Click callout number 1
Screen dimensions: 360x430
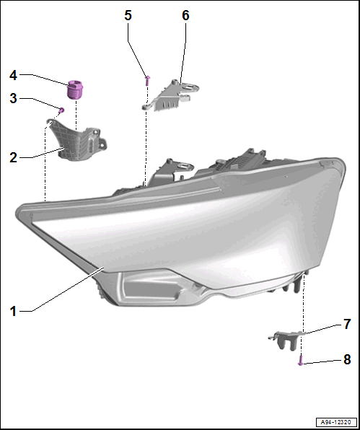pyautogui.click(x=13, y=312)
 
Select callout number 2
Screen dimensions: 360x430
pyautogui.click(x=13, y=158)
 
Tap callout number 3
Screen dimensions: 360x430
pyautogui.click(x=13, y=98)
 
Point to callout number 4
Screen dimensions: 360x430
pyautogui.click(x=13, y=76)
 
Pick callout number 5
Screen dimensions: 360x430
pyautogui.click(x=128, y=15)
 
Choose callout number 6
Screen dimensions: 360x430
pyautogui.click(x=185, y=15)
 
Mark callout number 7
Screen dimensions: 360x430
pyautogui.click(x=347, y=324)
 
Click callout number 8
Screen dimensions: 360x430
pyautogui.click(x=347, y=359)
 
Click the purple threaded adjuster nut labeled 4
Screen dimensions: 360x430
pyautogui.click(x=75, y=89)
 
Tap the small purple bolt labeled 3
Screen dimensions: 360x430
pyautogui.click(x=62, y=110)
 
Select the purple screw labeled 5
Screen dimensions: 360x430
pyautogui.click(x=147, y=80)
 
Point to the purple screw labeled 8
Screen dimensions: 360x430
pyautogui.click(x=301, y=360)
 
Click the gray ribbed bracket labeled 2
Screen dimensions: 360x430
pyautogui.click(x=78, y=140)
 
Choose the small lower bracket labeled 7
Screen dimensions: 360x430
pyautogui.click(x=286, y=340)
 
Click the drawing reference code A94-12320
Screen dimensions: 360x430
pyautogui.click(x=337, y=422)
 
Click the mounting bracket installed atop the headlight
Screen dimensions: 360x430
pyautogui.click(x=170, y=172)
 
